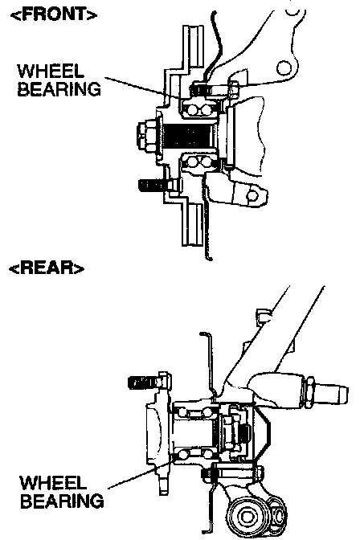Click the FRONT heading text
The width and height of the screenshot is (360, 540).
tap(54, 15)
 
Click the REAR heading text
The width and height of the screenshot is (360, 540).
tap(47, 268)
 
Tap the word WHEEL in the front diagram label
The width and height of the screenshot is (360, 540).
tap(51, 72)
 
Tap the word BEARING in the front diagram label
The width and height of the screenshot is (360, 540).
tap(59, 89)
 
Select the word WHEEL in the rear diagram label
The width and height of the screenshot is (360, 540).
tap(53, 483)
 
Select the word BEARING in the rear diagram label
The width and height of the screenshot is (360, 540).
tap(62, 501)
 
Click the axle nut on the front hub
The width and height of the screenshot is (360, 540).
tap(148, 137)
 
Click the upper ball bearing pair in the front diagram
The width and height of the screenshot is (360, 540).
tap(199, 109)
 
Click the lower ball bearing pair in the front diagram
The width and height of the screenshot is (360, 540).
tap(198, 162)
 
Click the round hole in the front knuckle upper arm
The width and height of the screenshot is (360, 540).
tap(283, 67)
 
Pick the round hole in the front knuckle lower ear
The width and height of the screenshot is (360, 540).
tap(252, 196)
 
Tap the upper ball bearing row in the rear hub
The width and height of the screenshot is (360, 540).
tap(194, 412)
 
